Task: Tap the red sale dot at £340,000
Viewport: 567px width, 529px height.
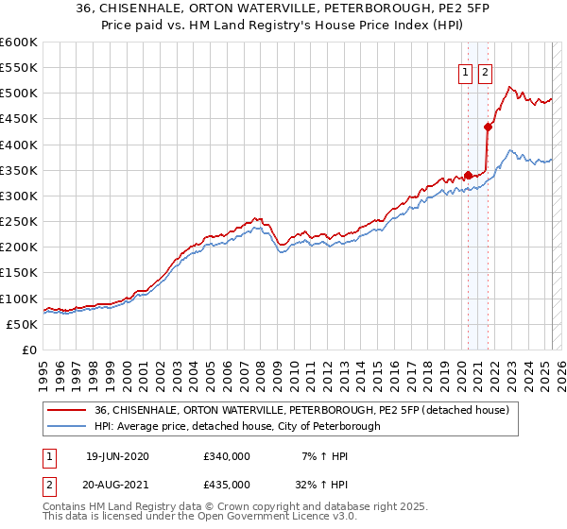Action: tap(468, 175)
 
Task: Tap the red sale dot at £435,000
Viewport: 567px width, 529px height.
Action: tap(488, 126)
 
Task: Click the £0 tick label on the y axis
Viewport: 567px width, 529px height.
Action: tap(30, 350)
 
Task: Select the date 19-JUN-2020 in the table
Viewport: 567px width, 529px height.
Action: tap(117, 456)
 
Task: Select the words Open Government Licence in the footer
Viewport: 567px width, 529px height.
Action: tap(251, 519)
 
